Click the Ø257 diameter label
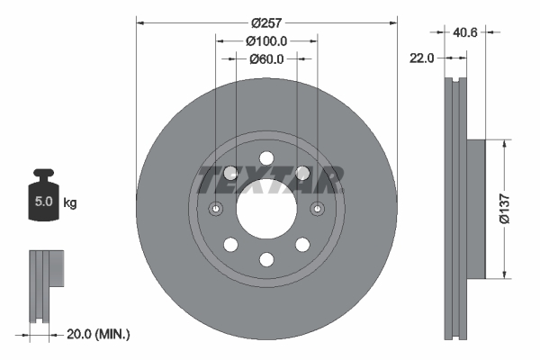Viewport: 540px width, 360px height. [x=266, y=22]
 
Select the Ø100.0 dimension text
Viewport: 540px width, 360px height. [x=266, y=40]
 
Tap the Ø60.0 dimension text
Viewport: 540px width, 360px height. [x=266, y=59]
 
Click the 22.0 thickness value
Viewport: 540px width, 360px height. [x=422, y=58]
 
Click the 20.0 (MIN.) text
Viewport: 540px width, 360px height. [x=99, y=334]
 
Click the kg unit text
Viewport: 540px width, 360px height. [x=69, y=203]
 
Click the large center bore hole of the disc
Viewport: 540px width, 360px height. [x=266, y=209]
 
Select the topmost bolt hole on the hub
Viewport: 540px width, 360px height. [x=266, y=159]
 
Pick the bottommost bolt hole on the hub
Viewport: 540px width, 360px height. [x=266, y=259]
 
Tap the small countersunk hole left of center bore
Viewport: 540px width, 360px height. [x=215, y=209]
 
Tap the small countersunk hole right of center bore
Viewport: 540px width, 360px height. [x=318, y=209]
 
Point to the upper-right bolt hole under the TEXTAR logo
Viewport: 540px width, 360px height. [x=301, y=174]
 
